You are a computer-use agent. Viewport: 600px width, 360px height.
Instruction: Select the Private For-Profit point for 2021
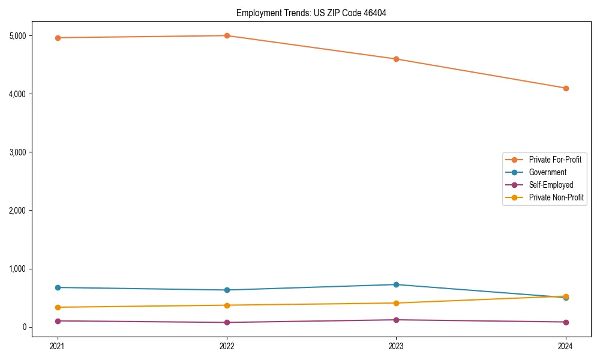(x=58, y=38)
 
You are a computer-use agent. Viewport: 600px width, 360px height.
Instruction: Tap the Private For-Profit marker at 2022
(x=227, y=35)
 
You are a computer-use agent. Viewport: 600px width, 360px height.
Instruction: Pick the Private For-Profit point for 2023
(x=396, y=59)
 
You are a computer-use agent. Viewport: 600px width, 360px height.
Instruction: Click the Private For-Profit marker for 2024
(x=566, y=88)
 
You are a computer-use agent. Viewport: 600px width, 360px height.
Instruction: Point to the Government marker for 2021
(x=58, y=287)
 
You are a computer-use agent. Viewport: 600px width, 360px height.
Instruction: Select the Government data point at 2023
(x=396, y=284)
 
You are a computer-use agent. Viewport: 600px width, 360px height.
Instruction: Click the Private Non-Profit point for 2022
(x=227, y=305)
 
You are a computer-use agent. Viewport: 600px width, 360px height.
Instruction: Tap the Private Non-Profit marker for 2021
(x=58, y=307)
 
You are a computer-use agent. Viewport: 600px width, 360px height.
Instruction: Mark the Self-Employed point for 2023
(x=396, y=320)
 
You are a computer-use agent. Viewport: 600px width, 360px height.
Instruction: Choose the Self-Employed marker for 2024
(x=566, y=322)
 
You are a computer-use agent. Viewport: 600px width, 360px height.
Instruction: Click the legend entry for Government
(x=547, y=172)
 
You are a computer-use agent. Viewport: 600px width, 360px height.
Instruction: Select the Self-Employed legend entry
(x=551, y=185)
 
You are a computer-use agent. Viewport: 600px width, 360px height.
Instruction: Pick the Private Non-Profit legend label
(x=556, y=197)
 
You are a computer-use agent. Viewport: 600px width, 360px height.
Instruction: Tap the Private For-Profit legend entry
(x=555, y=160)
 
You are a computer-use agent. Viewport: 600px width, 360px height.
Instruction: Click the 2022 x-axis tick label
(x=227, y=346)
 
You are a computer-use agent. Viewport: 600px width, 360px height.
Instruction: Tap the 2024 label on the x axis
(x=566, y=346)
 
